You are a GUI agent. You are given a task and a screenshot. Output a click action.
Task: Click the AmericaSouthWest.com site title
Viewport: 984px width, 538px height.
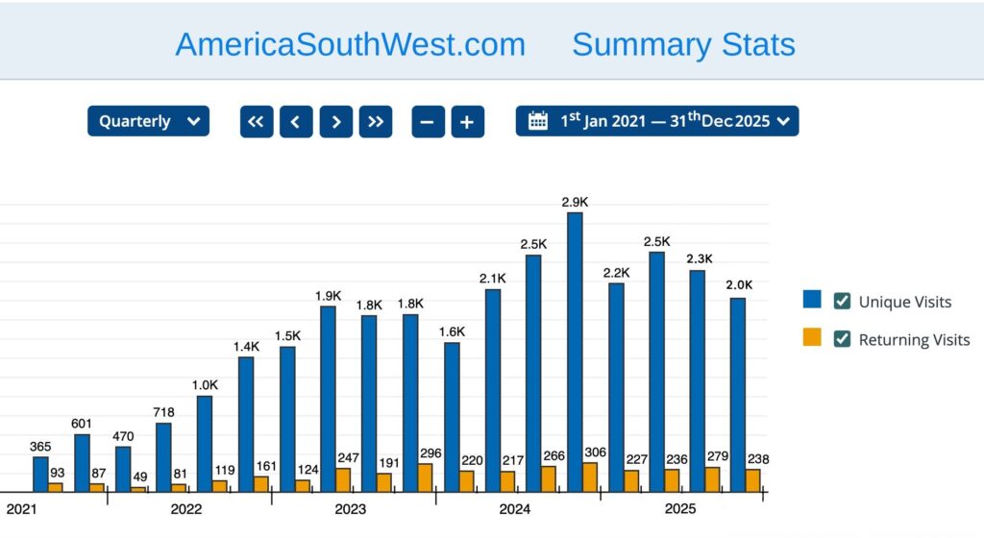click(350, 44)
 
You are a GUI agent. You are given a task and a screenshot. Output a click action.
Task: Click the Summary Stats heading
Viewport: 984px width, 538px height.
click(683, 44)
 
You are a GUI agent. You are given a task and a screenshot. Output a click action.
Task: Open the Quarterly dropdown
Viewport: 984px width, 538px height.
click(148, 121)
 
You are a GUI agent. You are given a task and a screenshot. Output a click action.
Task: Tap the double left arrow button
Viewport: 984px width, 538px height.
click(256, 122)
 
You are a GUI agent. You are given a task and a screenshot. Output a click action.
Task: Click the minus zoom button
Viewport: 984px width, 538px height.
click(428, 122)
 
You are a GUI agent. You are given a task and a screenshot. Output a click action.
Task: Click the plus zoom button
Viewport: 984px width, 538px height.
click(467, 122)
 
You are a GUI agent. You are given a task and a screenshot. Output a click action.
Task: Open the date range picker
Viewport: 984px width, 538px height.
click(657, 121)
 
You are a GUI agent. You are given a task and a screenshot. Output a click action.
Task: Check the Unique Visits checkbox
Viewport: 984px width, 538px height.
click(842, 302)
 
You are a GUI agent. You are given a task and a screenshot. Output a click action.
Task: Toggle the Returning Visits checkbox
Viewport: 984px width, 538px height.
click(842, 339)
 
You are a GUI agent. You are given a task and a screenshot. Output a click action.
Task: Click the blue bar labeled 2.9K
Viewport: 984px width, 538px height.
click(575, 352)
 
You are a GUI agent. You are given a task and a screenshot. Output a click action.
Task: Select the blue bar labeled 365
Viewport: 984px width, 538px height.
click(40, 474)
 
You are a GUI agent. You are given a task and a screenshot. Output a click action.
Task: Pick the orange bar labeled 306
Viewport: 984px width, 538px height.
click(590, 477)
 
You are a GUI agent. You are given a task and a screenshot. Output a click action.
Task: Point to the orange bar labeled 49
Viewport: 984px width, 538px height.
click(138, 489)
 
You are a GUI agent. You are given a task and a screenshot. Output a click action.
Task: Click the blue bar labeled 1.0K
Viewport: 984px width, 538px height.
click(205, 444)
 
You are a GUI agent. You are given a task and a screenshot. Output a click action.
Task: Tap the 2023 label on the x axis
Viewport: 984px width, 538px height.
click(351, 508)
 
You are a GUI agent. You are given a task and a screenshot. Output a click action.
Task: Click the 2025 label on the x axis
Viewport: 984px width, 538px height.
click(680, 508)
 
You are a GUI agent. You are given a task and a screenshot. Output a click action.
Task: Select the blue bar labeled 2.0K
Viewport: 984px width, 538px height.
click(738, 395)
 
